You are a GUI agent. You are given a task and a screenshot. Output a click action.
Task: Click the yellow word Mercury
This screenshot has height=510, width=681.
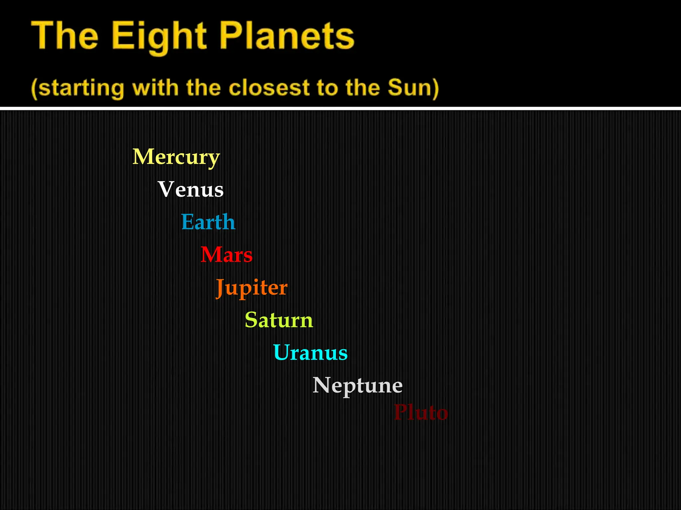[x=176, y=157]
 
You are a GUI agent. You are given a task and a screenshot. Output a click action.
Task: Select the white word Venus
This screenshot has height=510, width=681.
[x=191, y=189]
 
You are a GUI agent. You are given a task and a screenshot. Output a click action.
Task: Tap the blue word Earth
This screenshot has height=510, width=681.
[x=208, y=222]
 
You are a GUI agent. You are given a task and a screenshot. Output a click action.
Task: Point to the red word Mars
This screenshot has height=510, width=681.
[x=226, y=255]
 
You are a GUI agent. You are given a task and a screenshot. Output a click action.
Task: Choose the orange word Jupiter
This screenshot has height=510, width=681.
[x=251, y=288]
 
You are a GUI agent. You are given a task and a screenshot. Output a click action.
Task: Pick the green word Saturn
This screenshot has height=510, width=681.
[x=279, y=320]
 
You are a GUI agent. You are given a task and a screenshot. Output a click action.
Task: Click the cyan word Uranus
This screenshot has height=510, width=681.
[x=310, y=353]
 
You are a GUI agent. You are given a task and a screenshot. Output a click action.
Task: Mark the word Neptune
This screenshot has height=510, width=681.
[x=357, y=385]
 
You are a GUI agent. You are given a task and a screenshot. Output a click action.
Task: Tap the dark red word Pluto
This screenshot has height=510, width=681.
[x=421, y=412]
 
